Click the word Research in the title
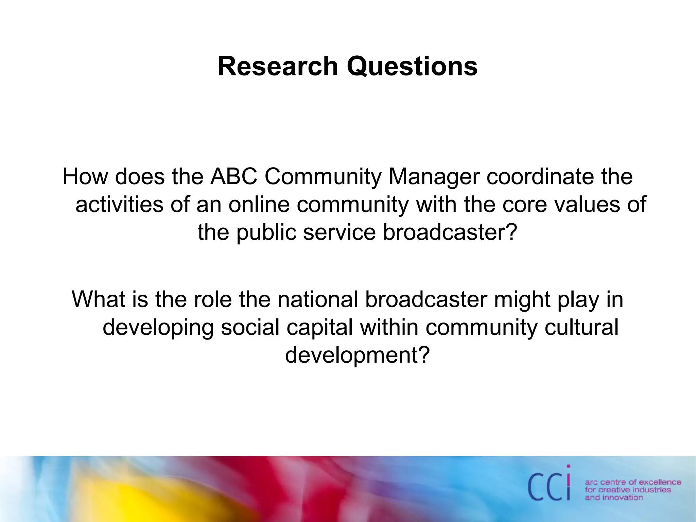coord(278,66)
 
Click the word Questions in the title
coord(412,66)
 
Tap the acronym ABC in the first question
coord(234,177)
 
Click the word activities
coord(119,205)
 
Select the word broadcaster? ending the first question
coord(450,232)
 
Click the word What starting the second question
coord(99,299)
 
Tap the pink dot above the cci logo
coord(568,467)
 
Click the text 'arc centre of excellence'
coord(633,482)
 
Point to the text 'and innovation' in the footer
coord(614,498)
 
